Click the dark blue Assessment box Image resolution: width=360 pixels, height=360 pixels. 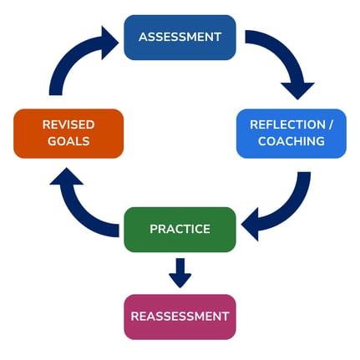180,38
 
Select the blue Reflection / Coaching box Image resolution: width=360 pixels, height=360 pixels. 291,133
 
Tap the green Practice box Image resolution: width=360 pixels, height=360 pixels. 180,229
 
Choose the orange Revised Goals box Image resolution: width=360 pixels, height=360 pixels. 68,133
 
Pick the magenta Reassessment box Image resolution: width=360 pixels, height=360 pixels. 180,317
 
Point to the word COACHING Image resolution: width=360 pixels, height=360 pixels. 291,142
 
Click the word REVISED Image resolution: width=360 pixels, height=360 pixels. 68,124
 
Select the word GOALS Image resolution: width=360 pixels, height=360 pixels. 68,142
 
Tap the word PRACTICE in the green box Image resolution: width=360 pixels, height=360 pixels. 180,229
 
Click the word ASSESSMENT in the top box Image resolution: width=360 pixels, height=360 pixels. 180,38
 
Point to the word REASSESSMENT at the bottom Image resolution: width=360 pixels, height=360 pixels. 180,317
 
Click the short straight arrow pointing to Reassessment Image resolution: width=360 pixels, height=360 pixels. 180,272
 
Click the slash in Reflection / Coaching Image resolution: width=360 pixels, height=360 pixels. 331,124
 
